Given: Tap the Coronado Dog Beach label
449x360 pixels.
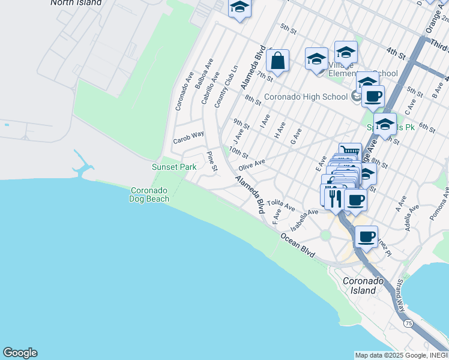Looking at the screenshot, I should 149,194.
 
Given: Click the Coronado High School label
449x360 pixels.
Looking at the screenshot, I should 306,96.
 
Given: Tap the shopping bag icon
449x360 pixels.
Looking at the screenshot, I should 277,61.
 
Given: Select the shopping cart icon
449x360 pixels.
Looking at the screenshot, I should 349,151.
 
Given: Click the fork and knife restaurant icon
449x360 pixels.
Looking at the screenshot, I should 333,197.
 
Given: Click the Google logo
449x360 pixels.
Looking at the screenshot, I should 20,353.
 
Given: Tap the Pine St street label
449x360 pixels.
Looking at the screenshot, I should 211,161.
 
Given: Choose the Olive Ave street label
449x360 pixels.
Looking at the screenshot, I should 252,164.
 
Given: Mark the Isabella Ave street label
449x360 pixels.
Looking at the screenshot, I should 304,220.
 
